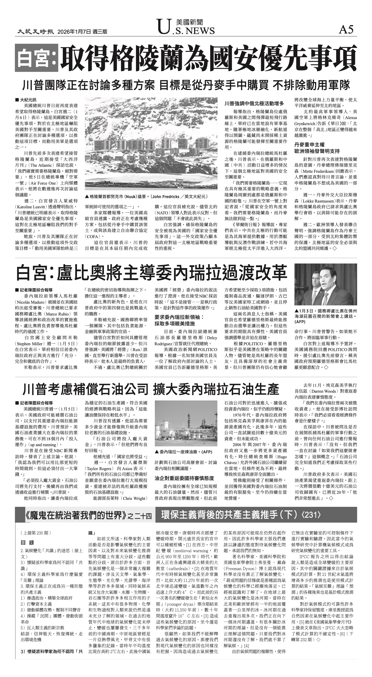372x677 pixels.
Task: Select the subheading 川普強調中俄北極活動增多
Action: coord(254,103)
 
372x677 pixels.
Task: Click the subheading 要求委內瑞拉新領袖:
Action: coord(179,317)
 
